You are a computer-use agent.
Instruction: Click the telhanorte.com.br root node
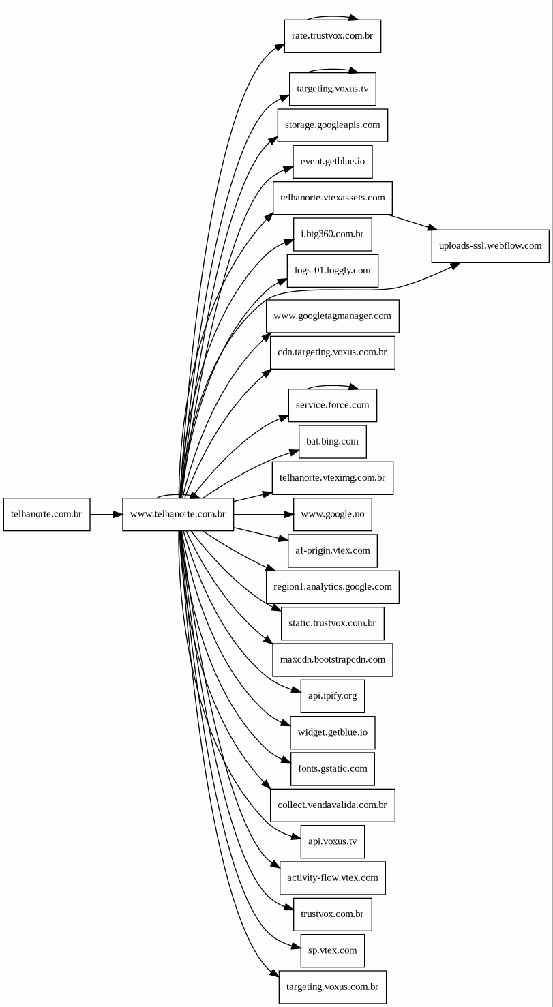[46, 514]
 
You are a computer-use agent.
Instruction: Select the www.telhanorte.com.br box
[178, 514]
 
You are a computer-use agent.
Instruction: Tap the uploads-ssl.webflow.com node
[490, 246]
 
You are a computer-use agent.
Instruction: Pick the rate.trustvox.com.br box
[332, 36]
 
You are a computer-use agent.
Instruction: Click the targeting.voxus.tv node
[332, 89]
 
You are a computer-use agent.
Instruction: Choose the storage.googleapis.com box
[332, 125]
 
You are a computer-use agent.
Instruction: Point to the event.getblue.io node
[332, 162]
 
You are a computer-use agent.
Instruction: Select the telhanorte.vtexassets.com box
[332, 198]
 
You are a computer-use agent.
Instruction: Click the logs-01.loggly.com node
[332, 271]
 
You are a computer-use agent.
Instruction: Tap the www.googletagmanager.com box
[332, 316]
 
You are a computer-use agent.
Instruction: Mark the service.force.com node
[332, 405]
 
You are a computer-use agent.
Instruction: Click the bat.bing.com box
[332, 442]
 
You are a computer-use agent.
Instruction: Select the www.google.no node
[332, 514]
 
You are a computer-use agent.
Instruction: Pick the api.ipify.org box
[332, 696]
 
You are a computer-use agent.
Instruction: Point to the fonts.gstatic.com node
[332, 769]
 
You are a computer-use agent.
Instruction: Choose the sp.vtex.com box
[332, 950]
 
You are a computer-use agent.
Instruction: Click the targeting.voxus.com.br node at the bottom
[332, 987]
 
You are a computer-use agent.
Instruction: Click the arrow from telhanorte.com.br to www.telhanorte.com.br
[106, 514]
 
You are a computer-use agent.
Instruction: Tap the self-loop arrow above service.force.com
[332, 386]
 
